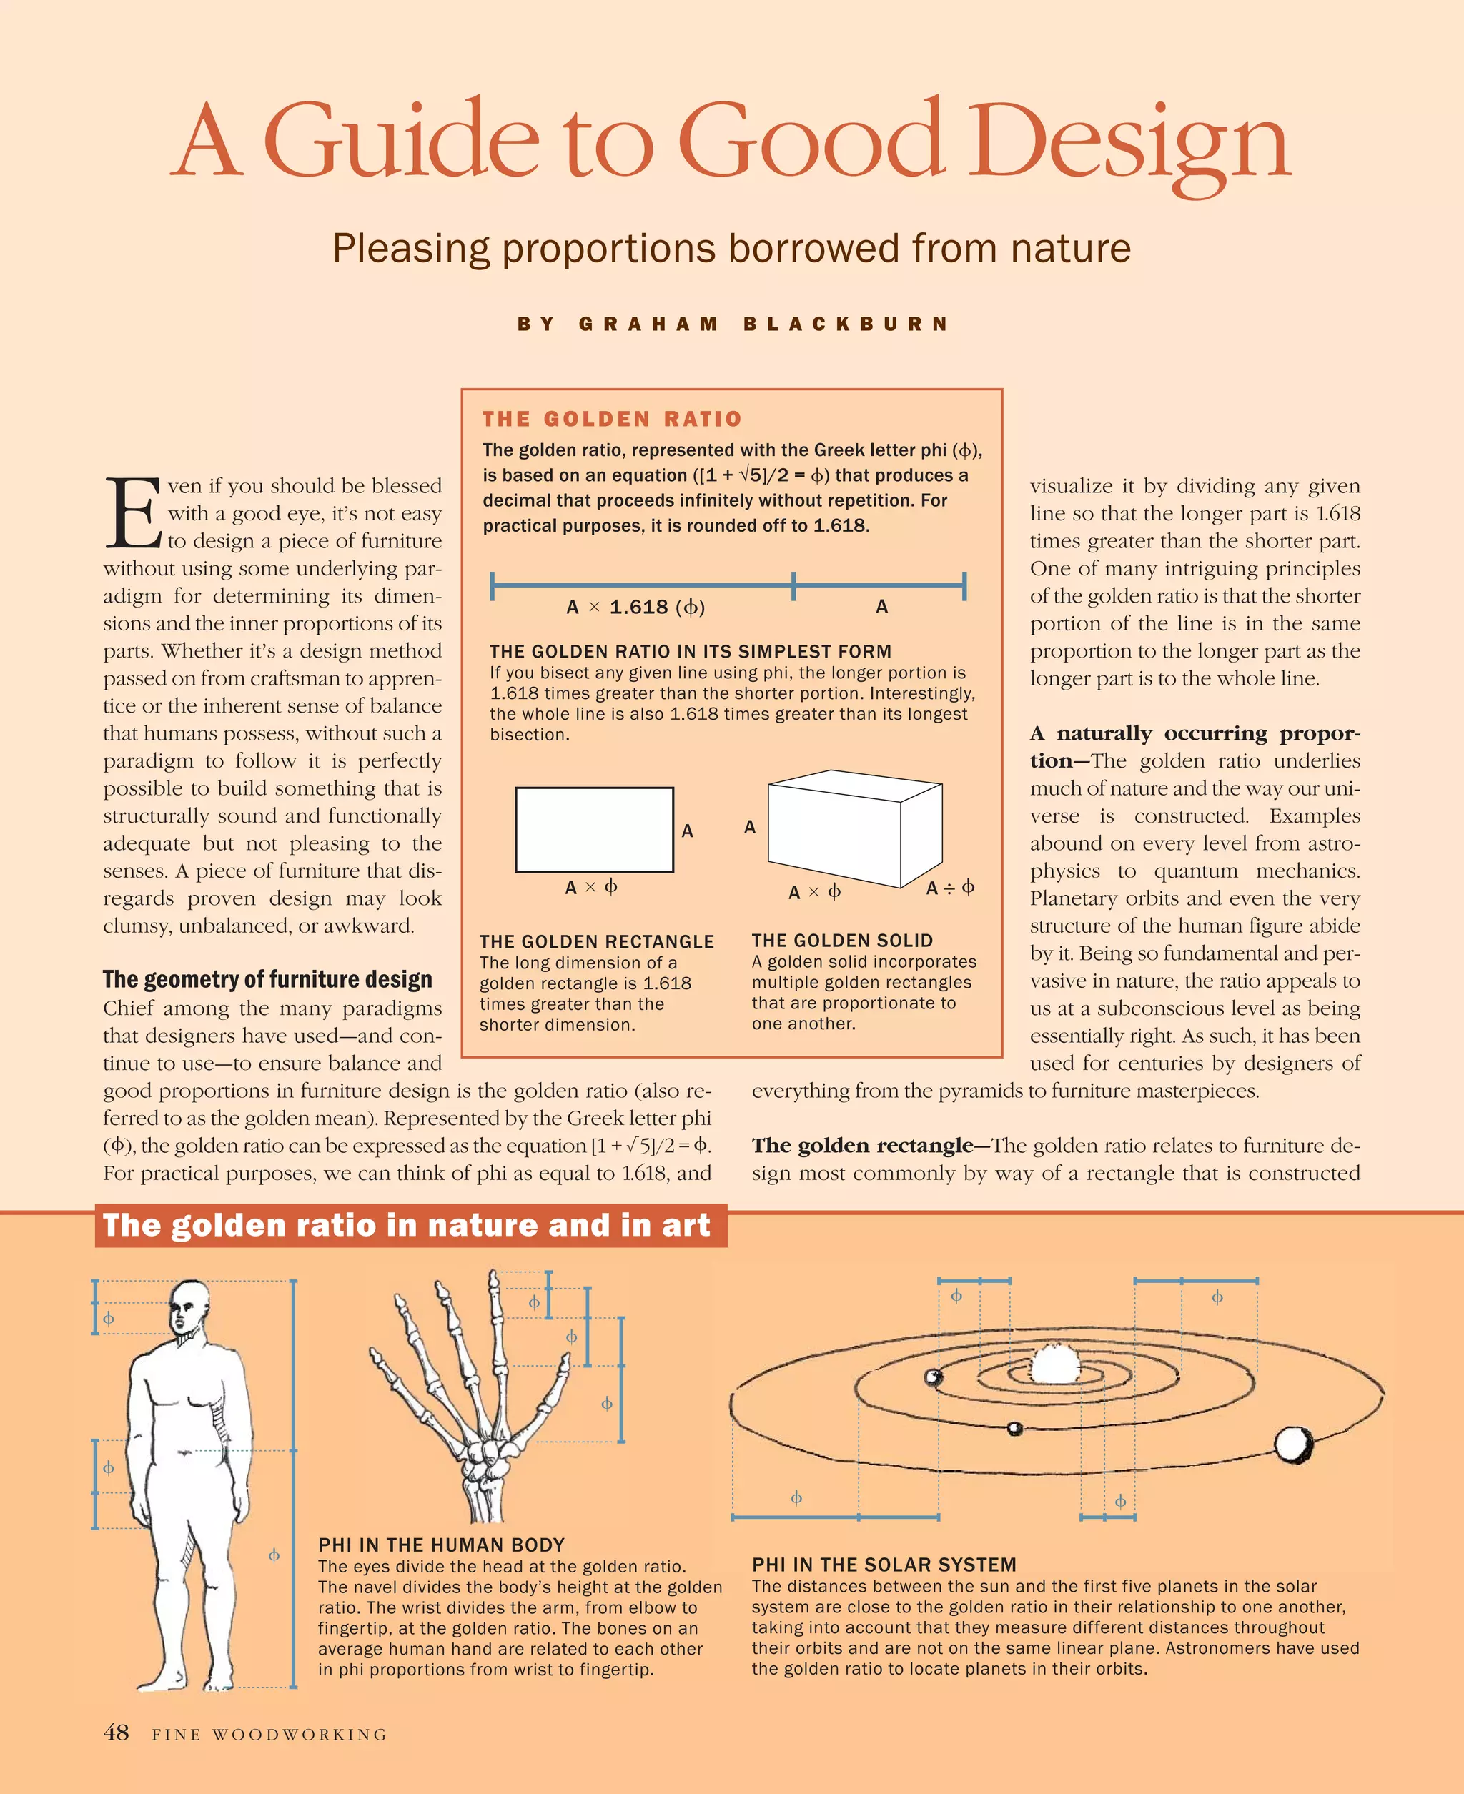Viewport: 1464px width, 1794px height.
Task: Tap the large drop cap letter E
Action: pos(132,512)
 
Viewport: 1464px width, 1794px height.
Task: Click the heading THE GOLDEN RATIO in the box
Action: pos(611,419)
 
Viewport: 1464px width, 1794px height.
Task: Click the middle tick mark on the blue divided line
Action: pos(793,585)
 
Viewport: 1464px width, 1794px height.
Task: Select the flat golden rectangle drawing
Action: pos(594,830)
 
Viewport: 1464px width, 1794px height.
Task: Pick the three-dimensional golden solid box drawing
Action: pos(854,828)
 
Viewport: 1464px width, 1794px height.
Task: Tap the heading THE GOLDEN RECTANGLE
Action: pos(596,942)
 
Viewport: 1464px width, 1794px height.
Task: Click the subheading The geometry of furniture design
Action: pos(267,980)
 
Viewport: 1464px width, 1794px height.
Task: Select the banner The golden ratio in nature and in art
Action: pos(407,1226)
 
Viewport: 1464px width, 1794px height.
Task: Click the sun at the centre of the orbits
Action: pos(1050,1364)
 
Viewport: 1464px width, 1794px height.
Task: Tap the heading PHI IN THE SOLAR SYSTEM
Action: pos(884,1565)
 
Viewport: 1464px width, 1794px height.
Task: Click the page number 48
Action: pos(117,1733)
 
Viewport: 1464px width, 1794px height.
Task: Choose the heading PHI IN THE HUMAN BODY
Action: pos(441,1545)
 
